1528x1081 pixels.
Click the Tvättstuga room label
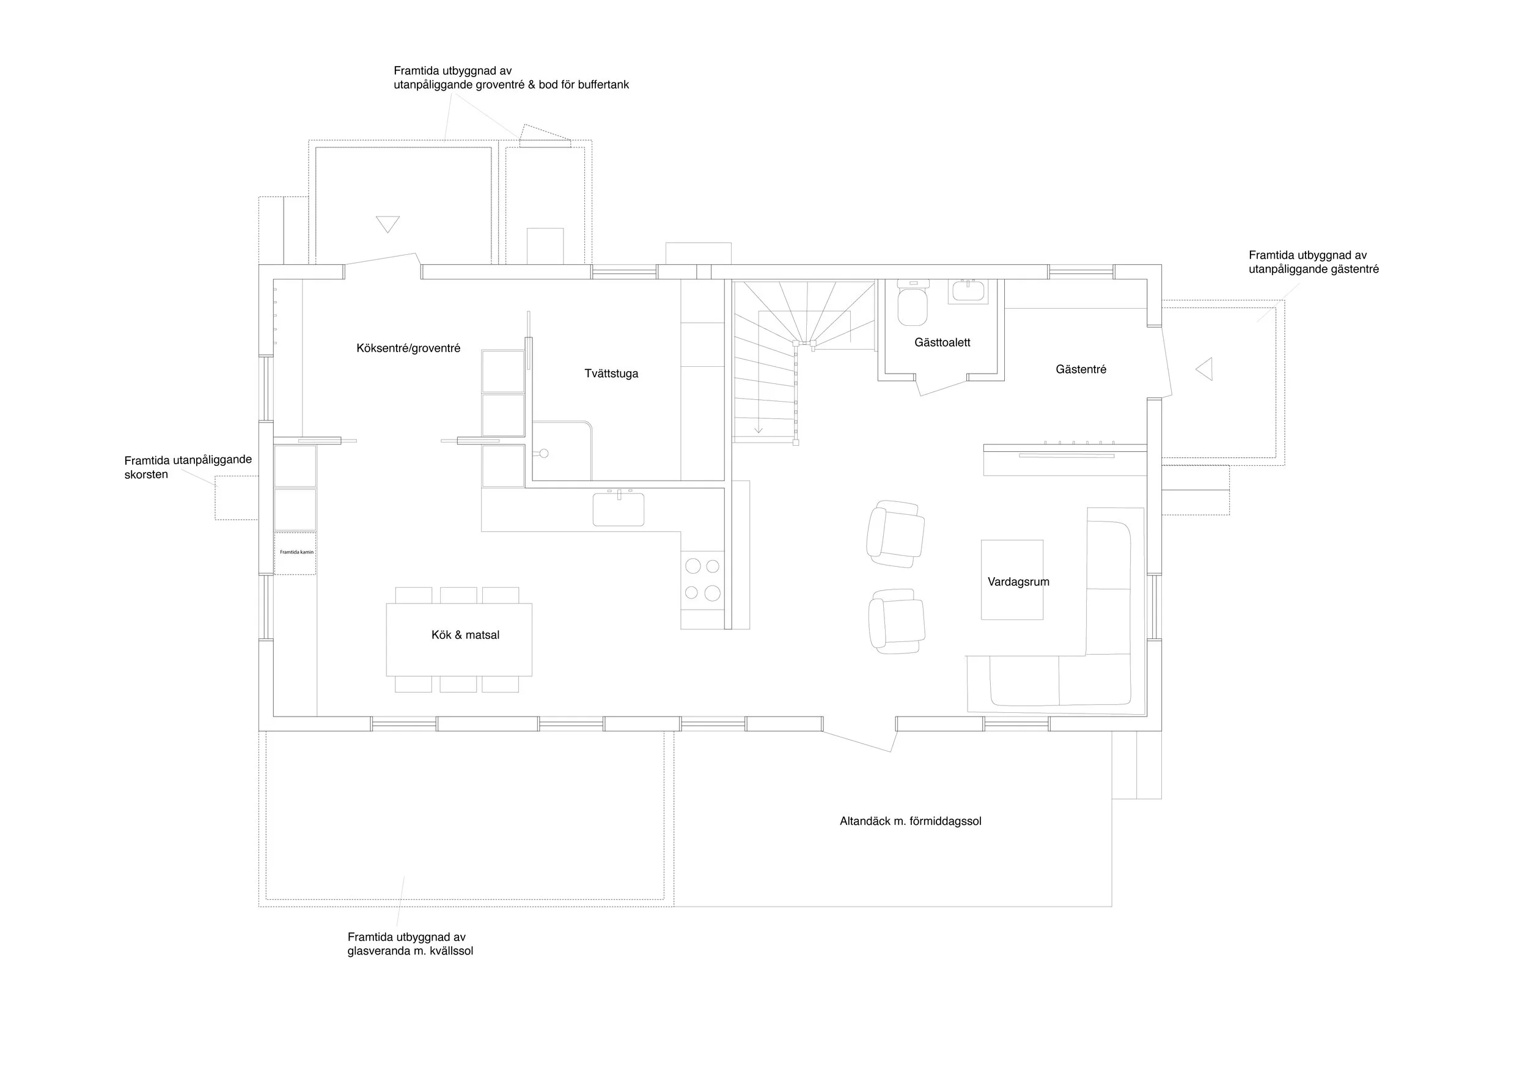[611, 374]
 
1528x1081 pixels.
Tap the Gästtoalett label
[942, 342]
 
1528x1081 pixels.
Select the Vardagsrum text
[1018, 581]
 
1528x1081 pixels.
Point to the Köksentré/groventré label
[408, 348]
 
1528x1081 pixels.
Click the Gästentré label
[1081, 369]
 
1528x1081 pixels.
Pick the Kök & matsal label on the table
[465, 635]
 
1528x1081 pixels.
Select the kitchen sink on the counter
[619, 509]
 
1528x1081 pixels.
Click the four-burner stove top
[703, 579]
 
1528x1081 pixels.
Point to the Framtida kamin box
[295, 553]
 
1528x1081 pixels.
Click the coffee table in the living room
[1012, 580]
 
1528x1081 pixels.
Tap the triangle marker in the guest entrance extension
[1204, 369]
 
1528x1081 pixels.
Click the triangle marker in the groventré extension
[388, 224]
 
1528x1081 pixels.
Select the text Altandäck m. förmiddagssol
[911, 821]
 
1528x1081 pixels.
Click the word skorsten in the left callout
[147, 474]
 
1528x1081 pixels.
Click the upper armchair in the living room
[896, 534]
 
